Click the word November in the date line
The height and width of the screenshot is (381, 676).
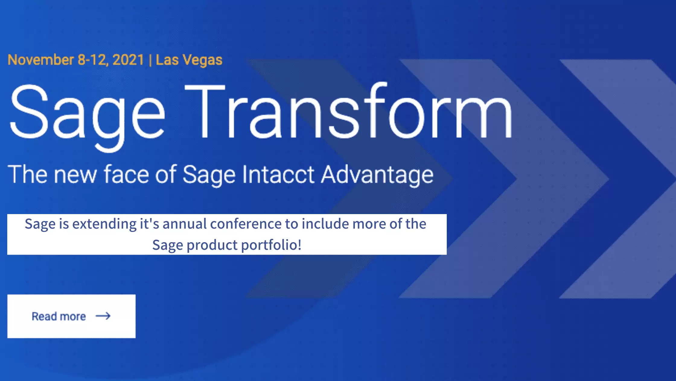pos(41,60)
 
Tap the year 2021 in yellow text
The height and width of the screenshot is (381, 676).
pos(128,60)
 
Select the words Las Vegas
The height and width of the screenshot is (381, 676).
pos(189,60)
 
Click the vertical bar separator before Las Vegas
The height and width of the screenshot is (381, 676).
pos(150,60)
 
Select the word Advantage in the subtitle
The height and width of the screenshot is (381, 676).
pos(377,175)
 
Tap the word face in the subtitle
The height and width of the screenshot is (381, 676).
pos(126,175)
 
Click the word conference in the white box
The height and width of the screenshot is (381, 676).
pos(246,224)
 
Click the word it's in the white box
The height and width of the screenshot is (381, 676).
pos(149,224)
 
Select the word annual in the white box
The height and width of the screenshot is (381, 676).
pos(184,224)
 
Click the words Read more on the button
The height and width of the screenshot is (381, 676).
pos(59,317)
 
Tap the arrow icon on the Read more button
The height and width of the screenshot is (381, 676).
pos(103,316)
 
